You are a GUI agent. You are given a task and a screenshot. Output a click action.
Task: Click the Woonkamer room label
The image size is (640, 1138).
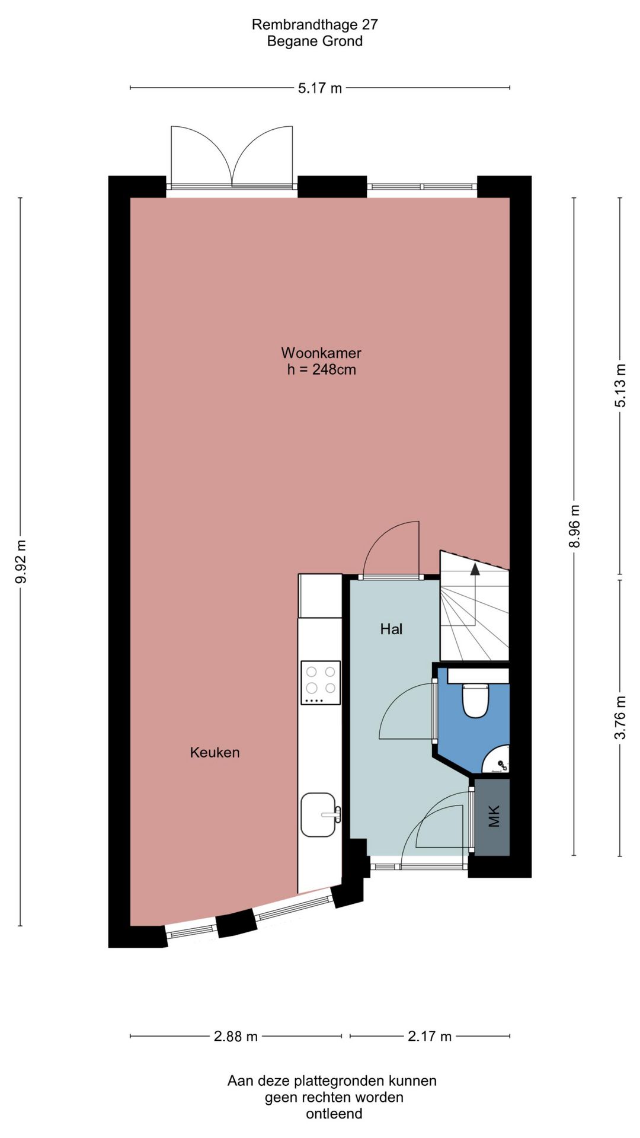[321, 353]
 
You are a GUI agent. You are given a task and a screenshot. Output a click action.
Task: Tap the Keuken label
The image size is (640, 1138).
[215, 752]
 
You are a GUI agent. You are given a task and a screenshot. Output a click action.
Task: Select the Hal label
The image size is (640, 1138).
[391, 629]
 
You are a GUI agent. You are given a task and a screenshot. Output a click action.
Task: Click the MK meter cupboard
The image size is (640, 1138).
[492, 816]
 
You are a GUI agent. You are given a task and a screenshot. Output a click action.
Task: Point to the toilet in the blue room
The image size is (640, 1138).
[475, 699]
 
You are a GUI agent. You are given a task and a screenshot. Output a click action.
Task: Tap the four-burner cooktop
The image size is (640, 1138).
[321, 683]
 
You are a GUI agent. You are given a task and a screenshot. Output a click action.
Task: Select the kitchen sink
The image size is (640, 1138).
[320, 815]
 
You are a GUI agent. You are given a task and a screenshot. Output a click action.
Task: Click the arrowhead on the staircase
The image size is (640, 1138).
[475, 569]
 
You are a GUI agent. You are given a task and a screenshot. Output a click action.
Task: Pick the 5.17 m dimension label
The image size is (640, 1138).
[320, 88]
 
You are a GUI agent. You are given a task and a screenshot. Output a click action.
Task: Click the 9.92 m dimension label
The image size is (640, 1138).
[21, 561]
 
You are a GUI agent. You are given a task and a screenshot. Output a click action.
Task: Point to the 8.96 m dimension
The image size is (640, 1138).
[574, 526]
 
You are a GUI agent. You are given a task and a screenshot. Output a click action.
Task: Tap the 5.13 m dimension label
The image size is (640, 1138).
[620, 385]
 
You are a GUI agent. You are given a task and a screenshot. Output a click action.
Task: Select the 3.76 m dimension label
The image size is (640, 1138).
[620, 717]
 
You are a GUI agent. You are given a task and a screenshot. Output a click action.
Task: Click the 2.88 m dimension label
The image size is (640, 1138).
[236, 1036]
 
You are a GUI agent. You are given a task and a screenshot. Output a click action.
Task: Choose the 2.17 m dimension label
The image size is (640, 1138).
[430, 1036]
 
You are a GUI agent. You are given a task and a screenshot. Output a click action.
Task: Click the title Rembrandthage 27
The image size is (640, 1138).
[315, 24]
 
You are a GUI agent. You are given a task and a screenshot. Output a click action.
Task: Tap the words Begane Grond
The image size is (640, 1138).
[315, 41]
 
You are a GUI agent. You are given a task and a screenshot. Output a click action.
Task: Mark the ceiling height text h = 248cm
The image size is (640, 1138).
[322, 369]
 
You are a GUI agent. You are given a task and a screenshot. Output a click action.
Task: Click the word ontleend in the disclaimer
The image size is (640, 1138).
[334, 1114]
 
